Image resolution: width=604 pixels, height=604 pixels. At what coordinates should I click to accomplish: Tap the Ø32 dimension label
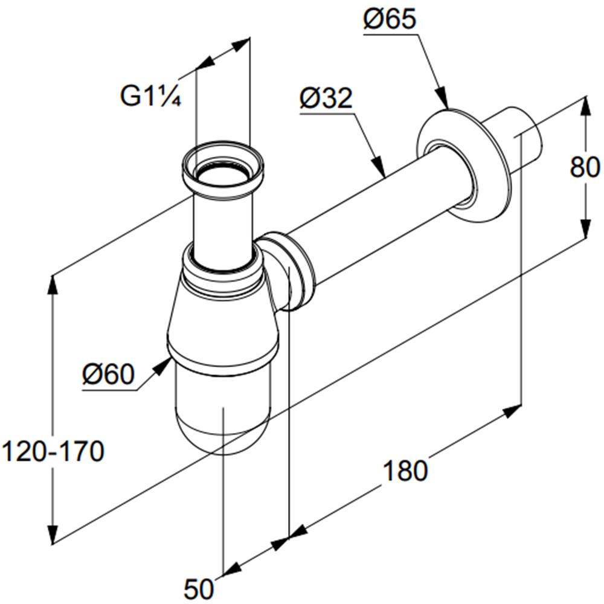(x=326, y=98)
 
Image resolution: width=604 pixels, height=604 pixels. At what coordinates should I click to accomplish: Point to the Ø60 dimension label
(x=109, y=374)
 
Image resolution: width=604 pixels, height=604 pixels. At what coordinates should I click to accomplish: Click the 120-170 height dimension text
(x=53, y=451)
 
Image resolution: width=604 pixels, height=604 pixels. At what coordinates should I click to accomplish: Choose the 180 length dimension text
(x=405, y=471)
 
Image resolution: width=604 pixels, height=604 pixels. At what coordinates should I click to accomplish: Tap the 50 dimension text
(x=199, y=588)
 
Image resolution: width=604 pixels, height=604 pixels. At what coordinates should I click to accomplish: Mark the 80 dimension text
(x=585, y=167)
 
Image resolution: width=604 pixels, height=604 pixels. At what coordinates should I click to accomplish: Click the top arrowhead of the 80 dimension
(x=585, y=105)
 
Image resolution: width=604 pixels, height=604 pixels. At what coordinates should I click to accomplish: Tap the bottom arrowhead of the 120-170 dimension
(x=53, y=534)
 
